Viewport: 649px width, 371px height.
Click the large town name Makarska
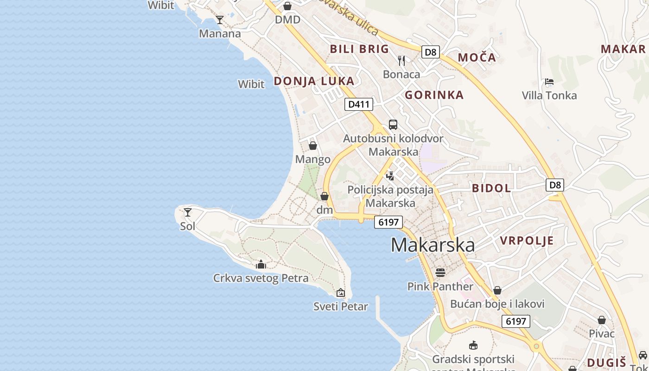coord(433,245)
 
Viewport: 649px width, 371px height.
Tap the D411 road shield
coord(359,104)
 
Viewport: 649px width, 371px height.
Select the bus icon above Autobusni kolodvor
coord(393,124)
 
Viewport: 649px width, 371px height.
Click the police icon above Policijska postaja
coord(390,176)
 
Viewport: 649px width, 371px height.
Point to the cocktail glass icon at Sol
coord(188,212)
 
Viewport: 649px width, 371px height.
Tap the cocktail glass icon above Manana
coord(220,20)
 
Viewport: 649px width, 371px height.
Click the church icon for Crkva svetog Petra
coord(261,264)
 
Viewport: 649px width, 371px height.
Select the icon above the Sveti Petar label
coord(341,293)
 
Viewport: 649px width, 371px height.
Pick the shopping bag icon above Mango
coord(313,146)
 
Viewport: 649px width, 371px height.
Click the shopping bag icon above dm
coord(324,196)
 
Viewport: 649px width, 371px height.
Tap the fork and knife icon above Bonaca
coord(401,60)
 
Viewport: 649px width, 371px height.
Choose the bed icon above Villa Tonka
coord(549,82)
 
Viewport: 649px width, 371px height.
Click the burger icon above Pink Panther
coord(440,272)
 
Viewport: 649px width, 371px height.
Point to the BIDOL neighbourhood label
coord(491,188)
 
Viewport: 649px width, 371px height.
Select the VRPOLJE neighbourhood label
coord(527,241)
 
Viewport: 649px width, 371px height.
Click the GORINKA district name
coord(434,95)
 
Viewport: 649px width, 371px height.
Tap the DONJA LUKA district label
coord(314,81)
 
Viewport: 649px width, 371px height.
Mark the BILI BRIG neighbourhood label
coord(359,49)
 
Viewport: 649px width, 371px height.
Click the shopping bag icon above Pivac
coord(601,320)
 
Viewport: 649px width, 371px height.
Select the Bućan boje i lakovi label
coord(497,304)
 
